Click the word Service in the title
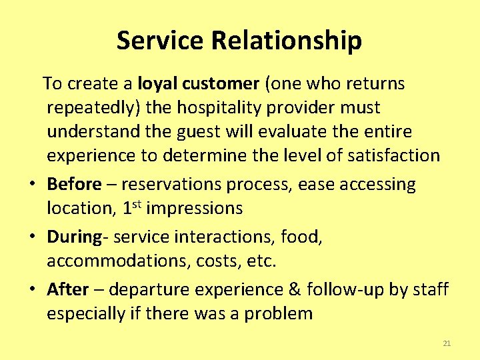(x=161, y=41)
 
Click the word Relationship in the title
(x=287, y=41)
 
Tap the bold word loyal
(x=155, y=84)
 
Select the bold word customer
(x=218, y=84)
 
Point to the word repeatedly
(x=93, y=108)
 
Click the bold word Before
(x=74, y=184)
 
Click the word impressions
(x=195, y=209)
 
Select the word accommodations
(x=118, y=261)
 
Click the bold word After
(x=67, y=289)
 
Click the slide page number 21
(x=447, y=343)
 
